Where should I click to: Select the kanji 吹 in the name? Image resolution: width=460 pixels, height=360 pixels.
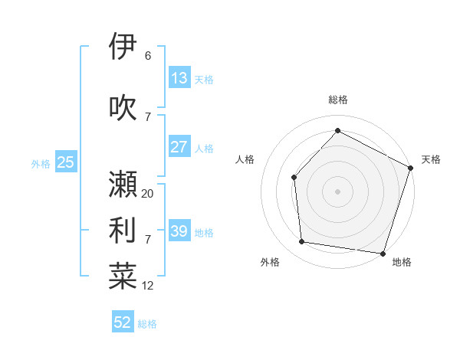123,107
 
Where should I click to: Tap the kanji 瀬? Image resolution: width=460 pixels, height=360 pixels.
123,184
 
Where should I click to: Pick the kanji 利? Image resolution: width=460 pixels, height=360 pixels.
123,230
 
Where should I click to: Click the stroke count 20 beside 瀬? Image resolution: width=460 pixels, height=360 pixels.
148,194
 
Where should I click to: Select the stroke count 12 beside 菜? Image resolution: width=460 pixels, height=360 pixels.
148,286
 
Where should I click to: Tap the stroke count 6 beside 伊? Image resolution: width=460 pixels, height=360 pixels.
148,56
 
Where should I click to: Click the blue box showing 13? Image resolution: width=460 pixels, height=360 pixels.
179,78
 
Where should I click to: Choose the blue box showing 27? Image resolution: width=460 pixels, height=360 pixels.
179,147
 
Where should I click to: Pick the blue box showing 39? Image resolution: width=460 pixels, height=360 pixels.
179,231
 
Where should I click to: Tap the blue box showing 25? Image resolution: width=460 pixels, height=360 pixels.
65,162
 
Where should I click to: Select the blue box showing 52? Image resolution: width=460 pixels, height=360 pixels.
123,322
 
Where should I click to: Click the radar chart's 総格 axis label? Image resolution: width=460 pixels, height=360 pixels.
337,100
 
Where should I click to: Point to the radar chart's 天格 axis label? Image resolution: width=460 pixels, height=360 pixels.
431,159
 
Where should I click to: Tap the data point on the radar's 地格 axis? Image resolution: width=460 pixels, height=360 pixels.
383,253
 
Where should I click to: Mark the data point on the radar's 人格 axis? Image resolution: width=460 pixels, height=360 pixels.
294,177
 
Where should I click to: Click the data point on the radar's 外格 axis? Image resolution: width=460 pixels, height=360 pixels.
302,242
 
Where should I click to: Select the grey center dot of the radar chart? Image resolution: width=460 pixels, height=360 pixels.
337,191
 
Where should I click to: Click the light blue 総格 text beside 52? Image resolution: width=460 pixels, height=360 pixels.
147,324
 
